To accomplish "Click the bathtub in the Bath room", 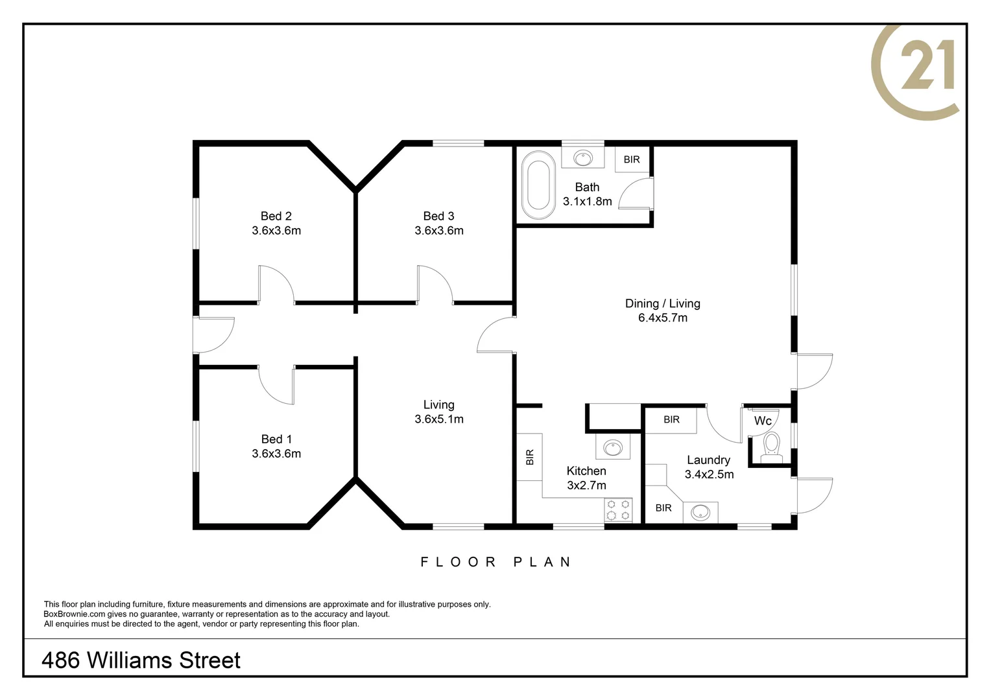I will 538,185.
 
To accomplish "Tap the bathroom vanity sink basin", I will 583,157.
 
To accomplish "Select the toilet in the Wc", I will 771,447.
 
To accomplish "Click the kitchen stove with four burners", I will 618,509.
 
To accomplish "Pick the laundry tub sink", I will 700,512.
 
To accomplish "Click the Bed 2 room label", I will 276,216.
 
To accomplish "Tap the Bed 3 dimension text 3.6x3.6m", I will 439,231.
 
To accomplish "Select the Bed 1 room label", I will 276,439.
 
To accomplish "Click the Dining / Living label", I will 662,303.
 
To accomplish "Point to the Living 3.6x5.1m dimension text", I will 439,419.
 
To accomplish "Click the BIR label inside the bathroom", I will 632,159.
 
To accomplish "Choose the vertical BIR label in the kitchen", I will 530,457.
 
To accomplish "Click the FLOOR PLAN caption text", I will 496,562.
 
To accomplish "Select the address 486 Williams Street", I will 141,660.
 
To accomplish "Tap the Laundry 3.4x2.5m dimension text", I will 709,474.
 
